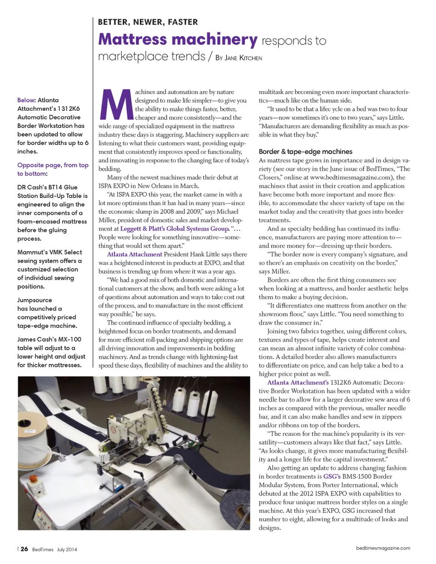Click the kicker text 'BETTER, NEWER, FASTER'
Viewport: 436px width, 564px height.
click(x=148, y=22)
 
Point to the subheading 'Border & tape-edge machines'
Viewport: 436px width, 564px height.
click(x=305, y=152)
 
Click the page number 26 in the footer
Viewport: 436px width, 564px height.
click(x=24, y=549)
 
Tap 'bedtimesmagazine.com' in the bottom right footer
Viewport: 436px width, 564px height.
click(x=383, y=548)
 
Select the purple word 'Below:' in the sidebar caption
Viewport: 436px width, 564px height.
click(x=26, y=100)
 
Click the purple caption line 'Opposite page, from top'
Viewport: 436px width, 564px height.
click(x=53, y=165)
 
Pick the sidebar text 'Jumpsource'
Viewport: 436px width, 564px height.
click(x=35, y=300)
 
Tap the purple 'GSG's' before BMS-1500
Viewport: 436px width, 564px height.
click(x=332, y=476)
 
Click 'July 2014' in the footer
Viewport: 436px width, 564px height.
click(x=67, y=549)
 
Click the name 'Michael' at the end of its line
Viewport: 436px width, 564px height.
click(x=228, y=212)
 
